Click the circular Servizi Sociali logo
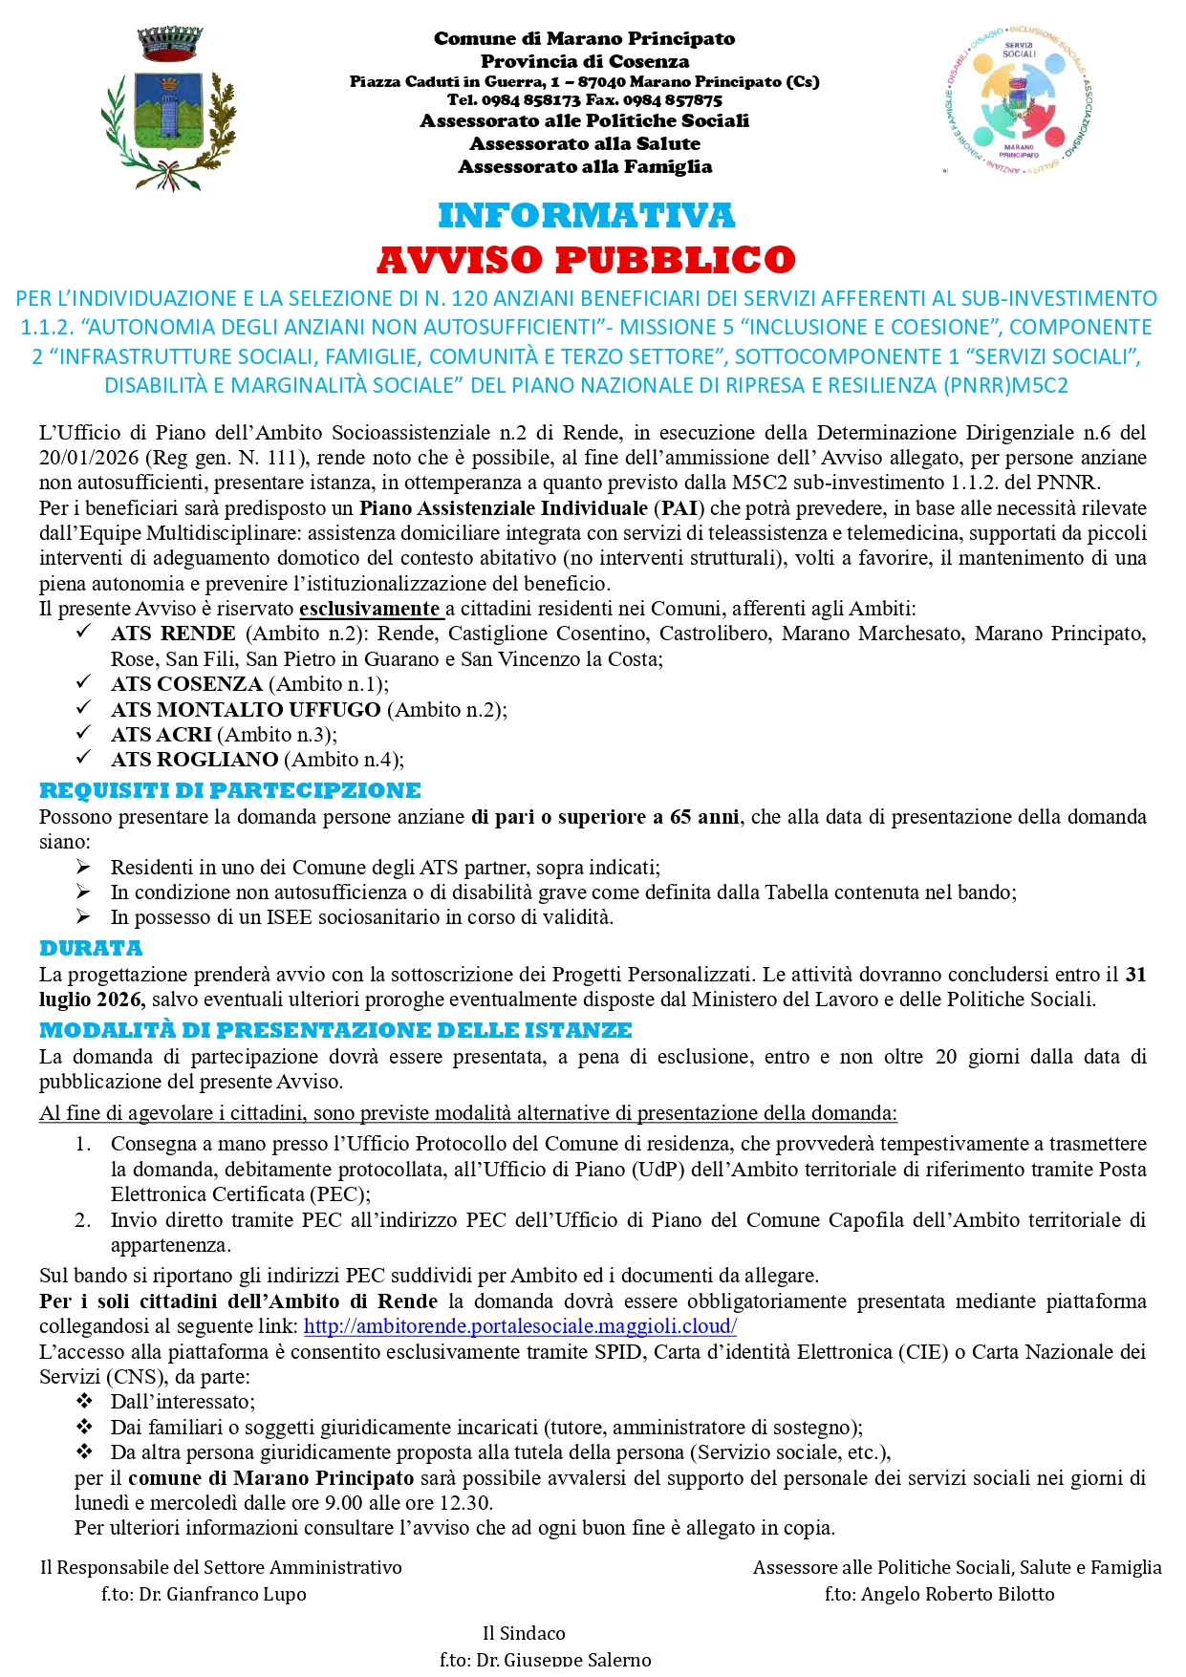tap(1019, 101)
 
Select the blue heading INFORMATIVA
tap(586, 216)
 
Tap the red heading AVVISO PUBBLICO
tap(586, 260)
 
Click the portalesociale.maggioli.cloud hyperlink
tap(520, 1326)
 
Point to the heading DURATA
tap(91, 949)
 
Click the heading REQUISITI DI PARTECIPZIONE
tap(229, 791)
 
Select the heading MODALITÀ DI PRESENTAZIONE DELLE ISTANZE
tap(335, 1031)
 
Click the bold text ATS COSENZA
tap(186, 684)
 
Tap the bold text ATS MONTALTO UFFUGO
tap(246, 710)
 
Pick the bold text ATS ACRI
tap(161, 735)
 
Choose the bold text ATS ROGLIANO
tap(194, 760)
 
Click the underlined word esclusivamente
tap(369, 609)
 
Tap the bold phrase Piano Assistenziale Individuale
tap(503, 508)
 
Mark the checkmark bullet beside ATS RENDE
tap(84, 632)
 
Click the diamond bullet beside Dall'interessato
tap(84, 1401)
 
